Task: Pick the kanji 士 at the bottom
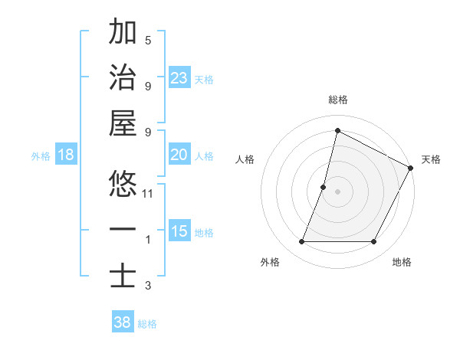point(123,277)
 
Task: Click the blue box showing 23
point(179,78)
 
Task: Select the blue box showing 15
point(179,231)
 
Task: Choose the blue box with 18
point(66,155)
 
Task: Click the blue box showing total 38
point(123,323)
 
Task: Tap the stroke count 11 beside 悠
point(148,194)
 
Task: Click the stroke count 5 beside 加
point(148,41)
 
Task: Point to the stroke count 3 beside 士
point(148,286)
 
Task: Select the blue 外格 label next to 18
point(41,156)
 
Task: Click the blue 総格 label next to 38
point(147,324)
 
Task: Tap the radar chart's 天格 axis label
point(431,159)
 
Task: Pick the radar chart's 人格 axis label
point(245,159)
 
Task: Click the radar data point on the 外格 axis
point(301,242)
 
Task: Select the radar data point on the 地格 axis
point(373,242)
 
